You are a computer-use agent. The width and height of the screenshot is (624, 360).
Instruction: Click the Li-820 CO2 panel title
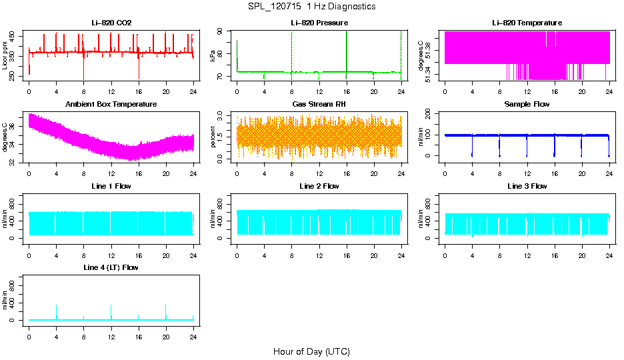coord(111,23)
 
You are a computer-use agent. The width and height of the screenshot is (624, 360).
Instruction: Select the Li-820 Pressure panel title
coord(319,23)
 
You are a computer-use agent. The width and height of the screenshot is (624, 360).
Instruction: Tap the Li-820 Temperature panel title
coord(527,23)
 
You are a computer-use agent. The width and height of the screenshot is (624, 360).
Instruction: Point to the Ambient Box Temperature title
coord(111,105)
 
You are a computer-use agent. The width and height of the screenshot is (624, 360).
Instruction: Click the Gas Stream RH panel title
coord(319,105)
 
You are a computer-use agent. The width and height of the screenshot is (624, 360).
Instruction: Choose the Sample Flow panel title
coord(527,105)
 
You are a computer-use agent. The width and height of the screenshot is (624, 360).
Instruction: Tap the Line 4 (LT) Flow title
coord(111,267)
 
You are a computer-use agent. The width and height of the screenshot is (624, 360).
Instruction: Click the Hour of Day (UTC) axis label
coord(311,351)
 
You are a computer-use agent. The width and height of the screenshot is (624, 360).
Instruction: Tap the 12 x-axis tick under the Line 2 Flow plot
coord(319,247)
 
